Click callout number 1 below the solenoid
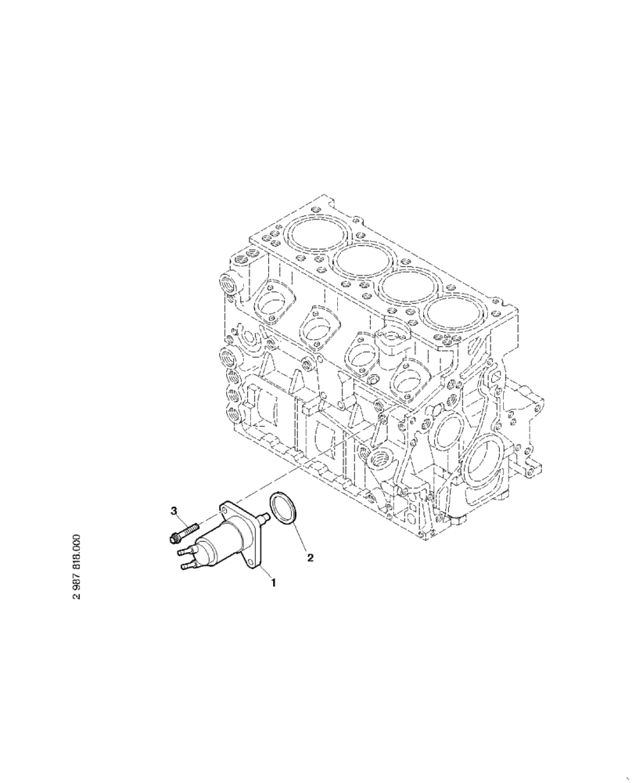[273, 582]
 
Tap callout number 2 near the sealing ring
[310, 558]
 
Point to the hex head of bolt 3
[173, 538]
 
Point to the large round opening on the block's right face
[479, 467]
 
